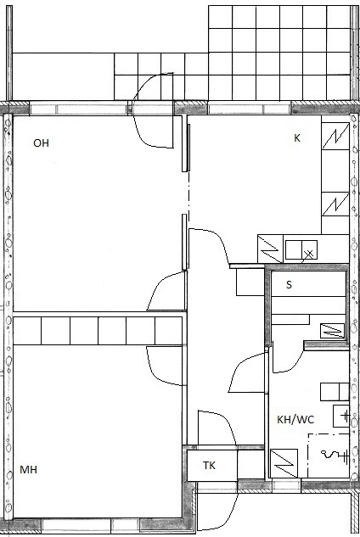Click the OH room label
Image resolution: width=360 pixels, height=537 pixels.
[41, 143]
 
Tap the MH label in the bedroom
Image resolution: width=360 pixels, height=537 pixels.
[29, 469]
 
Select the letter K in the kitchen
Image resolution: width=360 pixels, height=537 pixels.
[297, 137]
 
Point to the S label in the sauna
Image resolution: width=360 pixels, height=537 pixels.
[289, 284]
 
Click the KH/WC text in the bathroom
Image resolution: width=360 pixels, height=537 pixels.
[295, 420]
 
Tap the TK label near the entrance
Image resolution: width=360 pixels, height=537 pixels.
[209, 466]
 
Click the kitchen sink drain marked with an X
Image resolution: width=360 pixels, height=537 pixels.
[309, 254]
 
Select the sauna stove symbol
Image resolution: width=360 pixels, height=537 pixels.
[332, 331]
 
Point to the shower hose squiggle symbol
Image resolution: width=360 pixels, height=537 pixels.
[329, 455]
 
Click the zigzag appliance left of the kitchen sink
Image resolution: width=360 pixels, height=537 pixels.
[270, 249]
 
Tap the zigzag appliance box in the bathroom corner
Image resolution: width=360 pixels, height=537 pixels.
[284, 463]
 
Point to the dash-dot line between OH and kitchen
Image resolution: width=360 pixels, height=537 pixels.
[188, 193]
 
